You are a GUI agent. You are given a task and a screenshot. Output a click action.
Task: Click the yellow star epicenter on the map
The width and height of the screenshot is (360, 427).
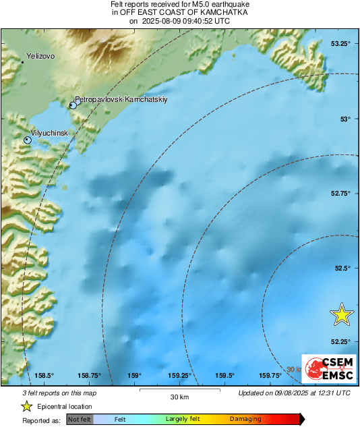342,314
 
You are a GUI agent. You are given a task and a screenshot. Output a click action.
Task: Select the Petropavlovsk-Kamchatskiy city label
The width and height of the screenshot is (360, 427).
121,99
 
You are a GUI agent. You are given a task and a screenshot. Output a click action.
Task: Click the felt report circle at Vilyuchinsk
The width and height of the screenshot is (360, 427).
28,140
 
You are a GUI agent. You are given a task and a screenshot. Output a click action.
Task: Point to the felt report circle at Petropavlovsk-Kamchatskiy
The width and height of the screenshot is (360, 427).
73,105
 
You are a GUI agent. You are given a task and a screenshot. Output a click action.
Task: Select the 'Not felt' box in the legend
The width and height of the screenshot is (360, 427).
80,419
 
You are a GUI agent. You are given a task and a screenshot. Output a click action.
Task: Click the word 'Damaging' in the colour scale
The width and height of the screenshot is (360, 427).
245,419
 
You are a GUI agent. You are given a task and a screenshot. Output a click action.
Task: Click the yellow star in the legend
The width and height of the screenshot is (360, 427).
27,406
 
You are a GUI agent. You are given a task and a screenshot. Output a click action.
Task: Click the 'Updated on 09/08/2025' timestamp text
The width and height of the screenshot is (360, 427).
295,393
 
